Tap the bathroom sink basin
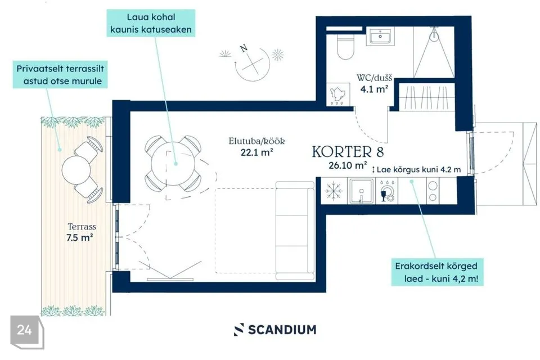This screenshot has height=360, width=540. point(380,36)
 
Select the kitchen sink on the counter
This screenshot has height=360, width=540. point(361,191)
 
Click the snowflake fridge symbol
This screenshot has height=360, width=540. point(334,191)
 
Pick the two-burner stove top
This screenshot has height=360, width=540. point(433,191)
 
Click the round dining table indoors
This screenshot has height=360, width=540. point(173,163)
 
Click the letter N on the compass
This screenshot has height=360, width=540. point(244,48)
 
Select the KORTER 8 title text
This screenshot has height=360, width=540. point(348,152)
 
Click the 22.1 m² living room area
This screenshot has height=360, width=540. point(257,152)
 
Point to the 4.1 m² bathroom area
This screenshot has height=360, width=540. point(375,89)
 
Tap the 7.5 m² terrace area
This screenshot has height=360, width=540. point(79,237)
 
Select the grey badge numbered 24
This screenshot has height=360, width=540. point(27,331)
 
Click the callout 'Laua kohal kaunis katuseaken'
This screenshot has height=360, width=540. point(151,23)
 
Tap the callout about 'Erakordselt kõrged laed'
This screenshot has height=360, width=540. point(437,272)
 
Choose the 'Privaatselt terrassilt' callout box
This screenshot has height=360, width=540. point(60,75)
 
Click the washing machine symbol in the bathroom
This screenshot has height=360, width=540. point(337,94)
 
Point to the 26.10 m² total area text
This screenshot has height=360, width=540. point(348,165)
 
